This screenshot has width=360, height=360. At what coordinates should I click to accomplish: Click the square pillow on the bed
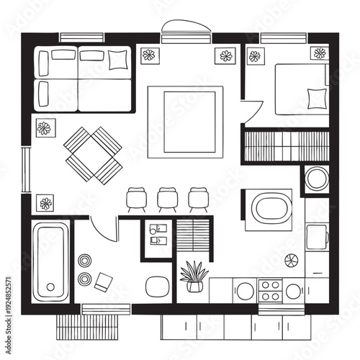pyautogui.click(x=315, y=97)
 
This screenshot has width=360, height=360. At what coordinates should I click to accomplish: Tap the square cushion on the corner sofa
pyautogui.click(x=117, y=58)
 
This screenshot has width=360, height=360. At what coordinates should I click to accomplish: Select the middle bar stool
pyautogui.click(x=167, y=199)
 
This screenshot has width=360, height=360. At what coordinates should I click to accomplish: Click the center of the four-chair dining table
pyautogui.click(x=93, y=155)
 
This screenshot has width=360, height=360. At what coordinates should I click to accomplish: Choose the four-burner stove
pyautogui.click(x=270, y=291)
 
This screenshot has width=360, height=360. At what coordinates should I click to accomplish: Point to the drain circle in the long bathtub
pyautogui.click(x=49, y=285)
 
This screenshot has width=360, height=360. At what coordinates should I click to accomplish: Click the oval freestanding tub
pyautogui.click(x=271, y=210)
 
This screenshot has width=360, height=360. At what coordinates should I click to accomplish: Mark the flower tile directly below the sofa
pyautogui.click(x=45, y=128)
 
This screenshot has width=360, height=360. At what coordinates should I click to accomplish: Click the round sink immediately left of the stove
pyautogui.click(x=246, y=291)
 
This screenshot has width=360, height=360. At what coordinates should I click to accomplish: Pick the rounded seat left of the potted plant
pyautogui.click(x=156, y=286)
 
